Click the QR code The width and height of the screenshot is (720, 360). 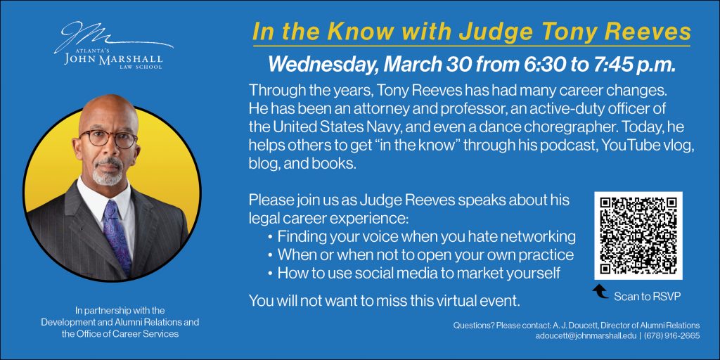pos(638,236)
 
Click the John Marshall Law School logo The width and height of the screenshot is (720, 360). pos(113,46)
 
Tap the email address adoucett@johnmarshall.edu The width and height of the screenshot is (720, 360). pos(587,335)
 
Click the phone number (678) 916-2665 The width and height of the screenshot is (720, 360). pos(671,335)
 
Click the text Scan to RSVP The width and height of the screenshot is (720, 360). pos(648,296)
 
